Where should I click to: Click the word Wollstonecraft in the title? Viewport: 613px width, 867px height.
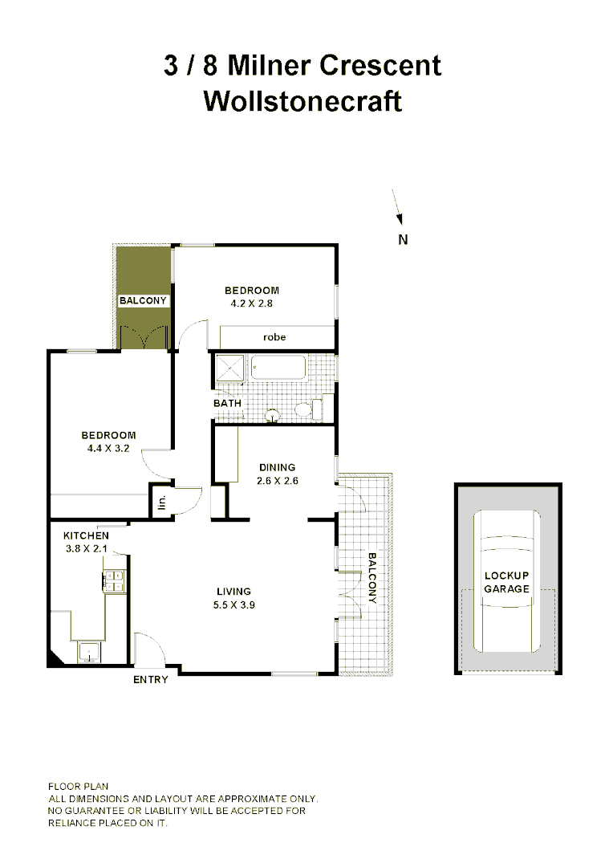pos(302,102)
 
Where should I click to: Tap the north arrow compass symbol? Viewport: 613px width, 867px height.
pos(396,206)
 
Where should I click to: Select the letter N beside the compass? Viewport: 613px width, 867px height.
pos(404,238)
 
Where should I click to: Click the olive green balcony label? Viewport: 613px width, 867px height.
pos(143,301)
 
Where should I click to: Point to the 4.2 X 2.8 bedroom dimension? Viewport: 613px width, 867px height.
pos(252,303)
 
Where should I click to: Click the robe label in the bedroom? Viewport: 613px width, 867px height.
pos(275,337)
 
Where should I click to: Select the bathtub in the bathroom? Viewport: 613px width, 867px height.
pos(278,368)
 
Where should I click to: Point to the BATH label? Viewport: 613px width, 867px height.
pos(227,403)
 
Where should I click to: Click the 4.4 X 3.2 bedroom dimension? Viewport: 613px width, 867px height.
pos(108,449)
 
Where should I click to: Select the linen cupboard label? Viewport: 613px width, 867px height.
pos(161,503)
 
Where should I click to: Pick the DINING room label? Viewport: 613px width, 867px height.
pos(277,467)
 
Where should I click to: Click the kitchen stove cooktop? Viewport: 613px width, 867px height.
pos(114,580)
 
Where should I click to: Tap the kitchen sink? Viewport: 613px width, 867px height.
pos(87,651)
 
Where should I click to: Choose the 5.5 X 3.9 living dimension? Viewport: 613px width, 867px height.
pos(233,605)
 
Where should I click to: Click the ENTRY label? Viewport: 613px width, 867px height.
pos(151,680)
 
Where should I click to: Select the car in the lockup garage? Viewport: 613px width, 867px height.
pos(506,582)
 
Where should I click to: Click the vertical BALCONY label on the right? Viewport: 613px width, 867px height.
pos(372,578)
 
